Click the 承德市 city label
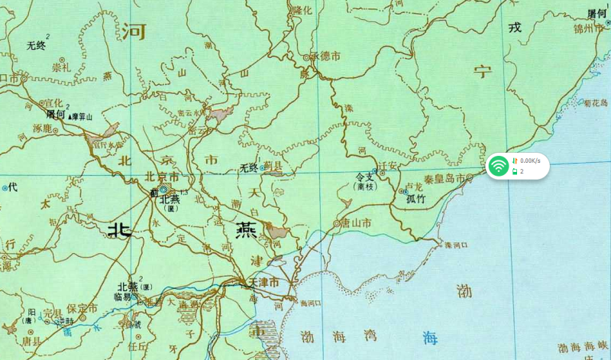326,56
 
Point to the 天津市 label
263,283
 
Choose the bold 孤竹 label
417,199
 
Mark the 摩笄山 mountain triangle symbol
71,118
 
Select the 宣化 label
53,102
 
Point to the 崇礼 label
60,67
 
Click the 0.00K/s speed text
530,161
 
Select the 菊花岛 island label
595,102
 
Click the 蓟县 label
273,167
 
